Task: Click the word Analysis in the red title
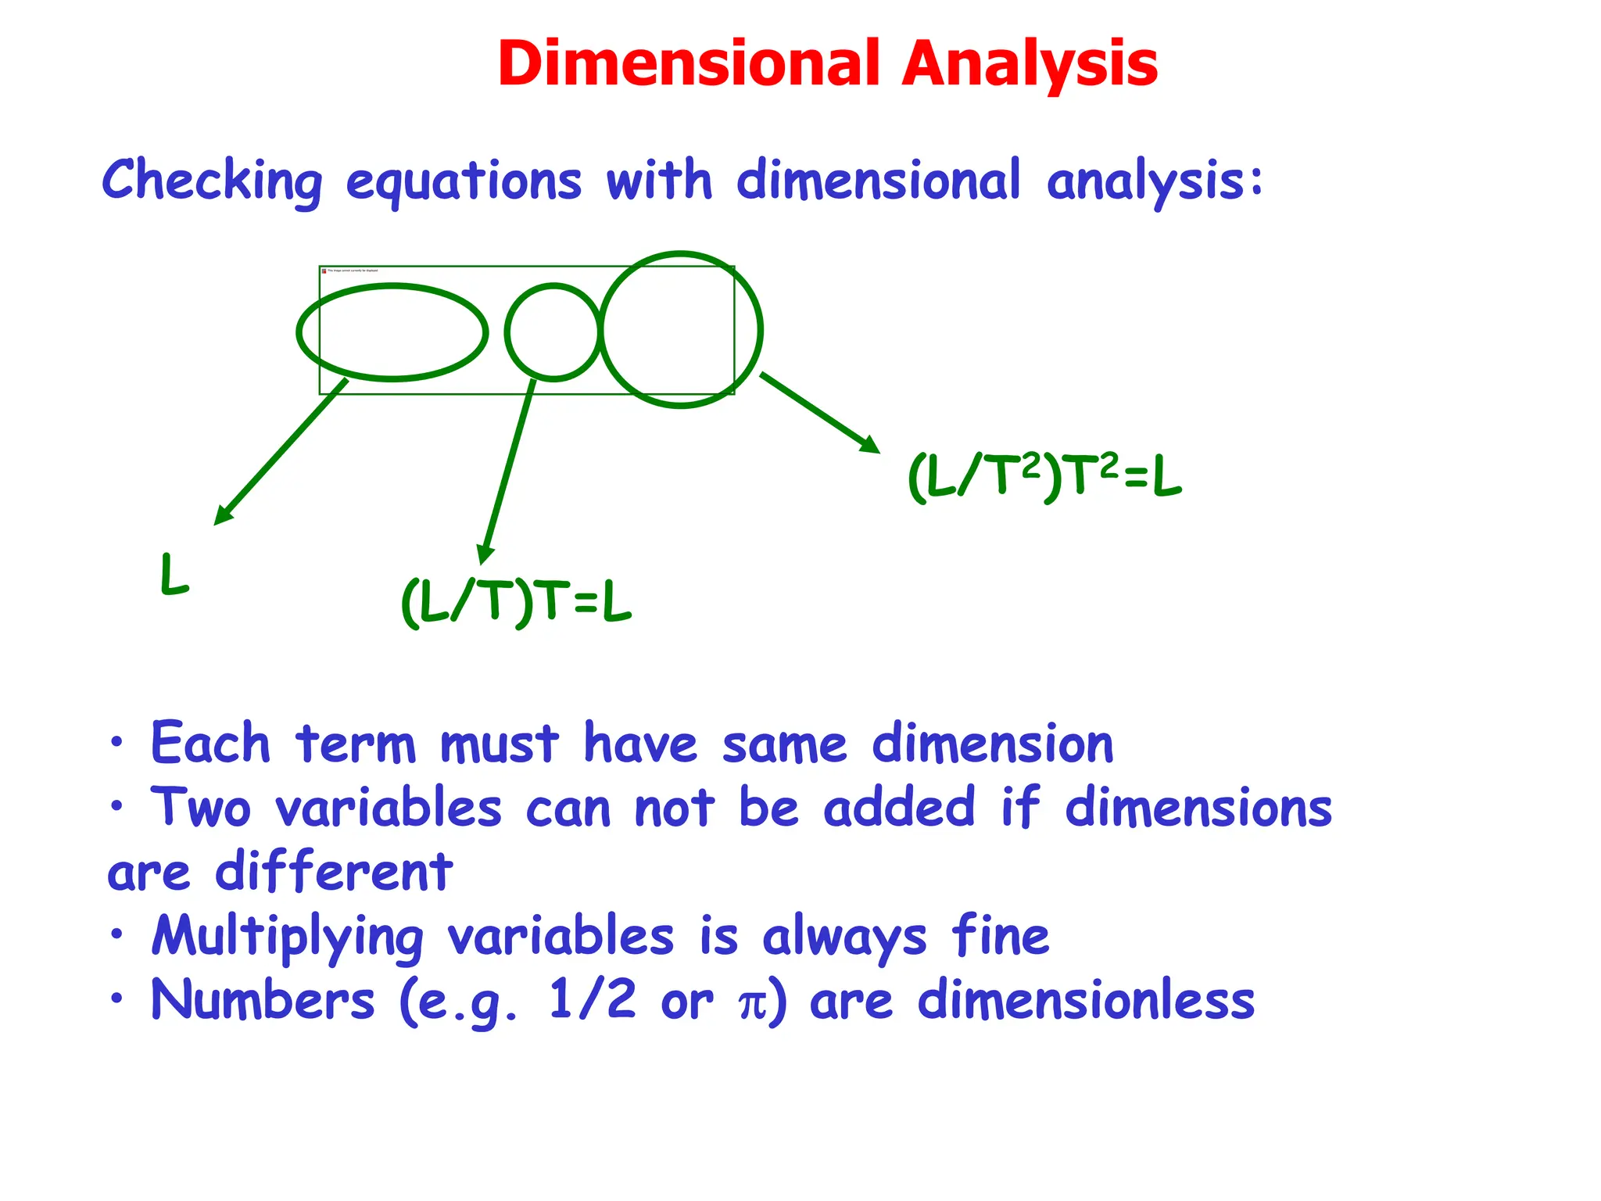coord(1030,64)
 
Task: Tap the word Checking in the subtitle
coord(212,181)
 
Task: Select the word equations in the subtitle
coord(464,182)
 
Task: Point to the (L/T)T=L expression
coord(516,602)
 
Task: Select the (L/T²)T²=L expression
coord(1044,476)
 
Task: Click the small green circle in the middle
coord(553,332)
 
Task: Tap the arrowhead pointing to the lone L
coord(223,516)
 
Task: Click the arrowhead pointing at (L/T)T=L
coord(485,554)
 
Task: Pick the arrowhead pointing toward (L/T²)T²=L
coord(870,445)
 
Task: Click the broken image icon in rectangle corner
coord(324,271)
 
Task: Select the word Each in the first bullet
coord(210,743)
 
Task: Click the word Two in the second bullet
coord(201,807)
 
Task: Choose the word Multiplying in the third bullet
coord(287,937)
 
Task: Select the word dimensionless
coord(1086,1001)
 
